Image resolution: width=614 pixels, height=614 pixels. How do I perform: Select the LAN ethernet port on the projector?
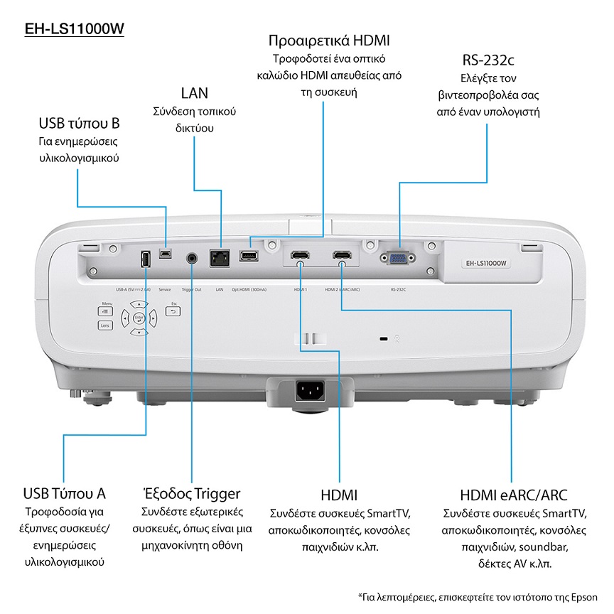pyautogui.click(x=218, y=258)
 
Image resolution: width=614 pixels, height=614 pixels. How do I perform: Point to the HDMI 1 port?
pyautogui.click(x=299, y=255)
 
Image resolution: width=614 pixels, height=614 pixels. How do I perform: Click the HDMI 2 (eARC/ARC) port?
pyautogui.click(x=343, y=255)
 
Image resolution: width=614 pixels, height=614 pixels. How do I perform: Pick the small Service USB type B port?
pyautogui.click(x=166, y=254)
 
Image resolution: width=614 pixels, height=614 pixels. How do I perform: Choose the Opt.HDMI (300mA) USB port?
pyautogui.click(x=248, y=256)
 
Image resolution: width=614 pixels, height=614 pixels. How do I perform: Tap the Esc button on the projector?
pyautogui.click(x=173, y=311)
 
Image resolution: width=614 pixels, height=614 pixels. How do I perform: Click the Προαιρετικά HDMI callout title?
pyautogui.click(x=329, y=41)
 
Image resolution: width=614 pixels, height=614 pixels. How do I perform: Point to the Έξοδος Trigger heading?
pyautogui.click(x=188, y=493)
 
